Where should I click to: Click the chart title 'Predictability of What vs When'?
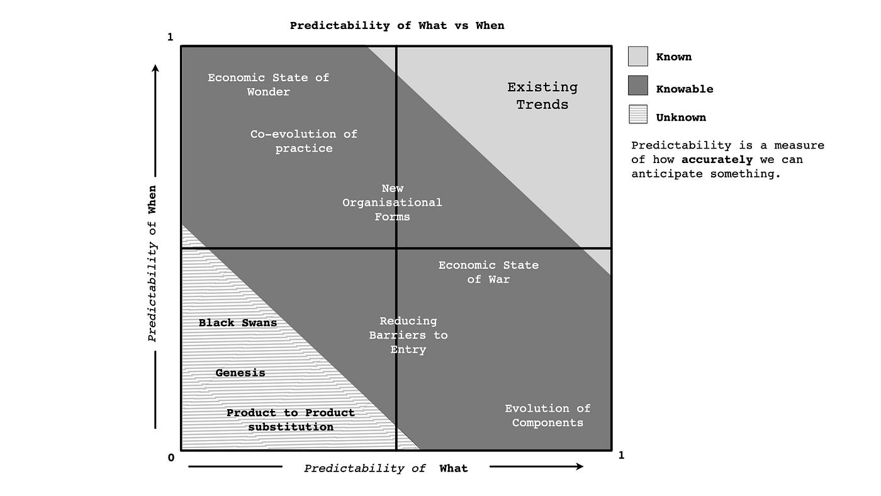pyautogui.click(x=397, y=26)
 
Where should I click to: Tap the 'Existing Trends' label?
pyautogui.click(x=542, y=96)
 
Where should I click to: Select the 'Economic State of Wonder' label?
pyautogui.click(x=269, y=84)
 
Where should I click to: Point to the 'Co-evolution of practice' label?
pyautogui.click(x=304, y=141)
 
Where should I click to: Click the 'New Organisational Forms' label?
pyautogui.click(x=393, y=203)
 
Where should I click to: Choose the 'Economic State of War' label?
pyautogui.click(x=488, y=272)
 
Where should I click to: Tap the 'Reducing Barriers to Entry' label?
pyautogui.click(x=408, y=335)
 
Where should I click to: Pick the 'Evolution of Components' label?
pyautogui.click(x=547, y=415)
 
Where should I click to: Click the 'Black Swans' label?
pyautogui.click(x=238, y=323)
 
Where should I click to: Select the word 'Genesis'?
pyautogui.click(x=240, y=373)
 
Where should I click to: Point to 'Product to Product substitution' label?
pyautogui.click(x=291, y=420)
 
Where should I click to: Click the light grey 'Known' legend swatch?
pyautogui.click(x=637, y=57)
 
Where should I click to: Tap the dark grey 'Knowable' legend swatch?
pyautogui.click(x=637, y=86)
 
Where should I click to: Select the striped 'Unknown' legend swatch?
pyautogui.click(x=637, y=114)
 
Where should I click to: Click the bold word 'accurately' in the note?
pyautogui.click(x=717, y=160)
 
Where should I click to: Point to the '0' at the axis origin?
pyautogui.click(x=171, y=458)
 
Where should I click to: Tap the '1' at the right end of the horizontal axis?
pyautogui.click(x=621, y=456)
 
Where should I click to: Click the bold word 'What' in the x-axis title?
pyautogui.click(x=454, y=468)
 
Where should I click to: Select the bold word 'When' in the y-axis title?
pyautogui.click(x=152, y=200)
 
